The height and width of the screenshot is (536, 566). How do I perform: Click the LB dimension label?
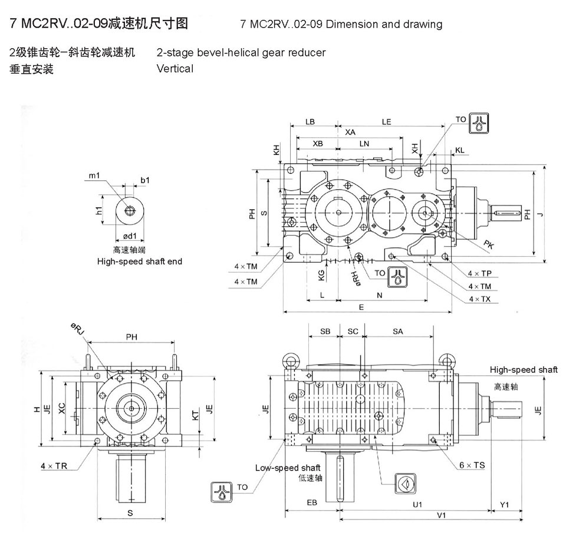click(x=310, y=122)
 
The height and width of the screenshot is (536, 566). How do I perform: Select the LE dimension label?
click(x=387, y=122)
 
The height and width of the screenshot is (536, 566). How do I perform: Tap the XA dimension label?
click(x=350, y=133)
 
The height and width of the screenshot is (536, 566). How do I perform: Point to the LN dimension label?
click(x=364, y=143)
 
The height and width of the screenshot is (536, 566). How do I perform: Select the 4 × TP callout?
click(x=479, y=274)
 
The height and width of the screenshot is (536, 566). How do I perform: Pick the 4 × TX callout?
click(x=479, y=299)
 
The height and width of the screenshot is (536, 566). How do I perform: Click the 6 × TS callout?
click(x=472, y=465)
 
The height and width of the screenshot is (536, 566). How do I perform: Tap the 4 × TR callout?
click(x=54, y=465)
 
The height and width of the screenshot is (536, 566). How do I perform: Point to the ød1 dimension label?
click(x=130, y=236)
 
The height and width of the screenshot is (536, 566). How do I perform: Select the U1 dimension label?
click(x=417, y=504)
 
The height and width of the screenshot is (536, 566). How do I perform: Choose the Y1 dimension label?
click(x=504, y=504)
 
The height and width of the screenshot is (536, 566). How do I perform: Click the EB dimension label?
click(x=312, y=502)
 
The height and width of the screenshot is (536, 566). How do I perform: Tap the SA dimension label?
click(x=398, y=332)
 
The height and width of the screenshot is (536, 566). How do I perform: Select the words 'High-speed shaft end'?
click(x=140, y=261)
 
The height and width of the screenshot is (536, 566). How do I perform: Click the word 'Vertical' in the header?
click(x=175, y=68)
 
